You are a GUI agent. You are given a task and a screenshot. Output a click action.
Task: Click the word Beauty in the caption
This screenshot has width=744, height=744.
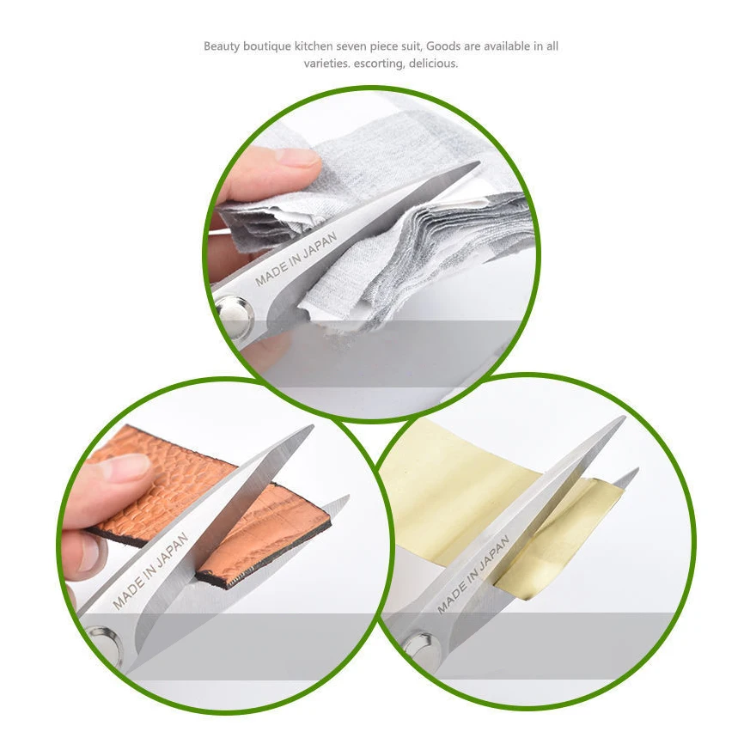point(222,46)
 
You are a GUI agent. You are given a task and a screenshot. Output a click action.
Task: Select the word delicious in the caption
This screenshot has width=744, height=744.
point(433,63)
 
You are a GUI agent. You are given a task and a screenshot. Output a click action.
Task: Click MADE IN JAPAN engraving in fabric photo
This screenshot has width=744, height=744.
point(296,259)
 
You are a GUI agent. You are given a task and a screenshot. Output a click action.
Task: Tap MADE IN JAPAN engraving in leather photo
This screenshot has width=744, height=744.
point(150,570)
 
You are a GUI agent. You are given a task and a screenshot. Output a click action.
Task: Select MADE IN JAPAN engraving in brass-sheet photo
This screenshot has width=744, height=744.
point(473,574)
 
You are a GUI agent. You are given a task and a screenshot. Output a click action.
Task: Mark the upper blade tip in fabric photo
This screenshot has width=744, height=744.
point(479,162)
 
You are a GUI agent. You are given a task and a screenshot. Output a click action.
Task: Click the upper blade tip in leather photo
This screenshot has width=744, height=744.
point(313,425)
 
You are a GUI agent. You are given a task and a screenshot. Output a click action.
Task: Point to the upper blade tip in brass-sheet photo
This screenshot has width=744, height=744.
point(625,417)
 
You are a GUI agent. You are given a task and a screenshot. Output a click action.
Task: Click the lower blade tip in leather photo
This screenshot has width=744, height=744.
point(348,497)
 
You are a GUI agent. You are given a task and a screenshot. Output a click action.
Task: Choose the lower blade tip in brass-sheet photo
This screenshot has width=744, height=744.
point(637,469)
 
